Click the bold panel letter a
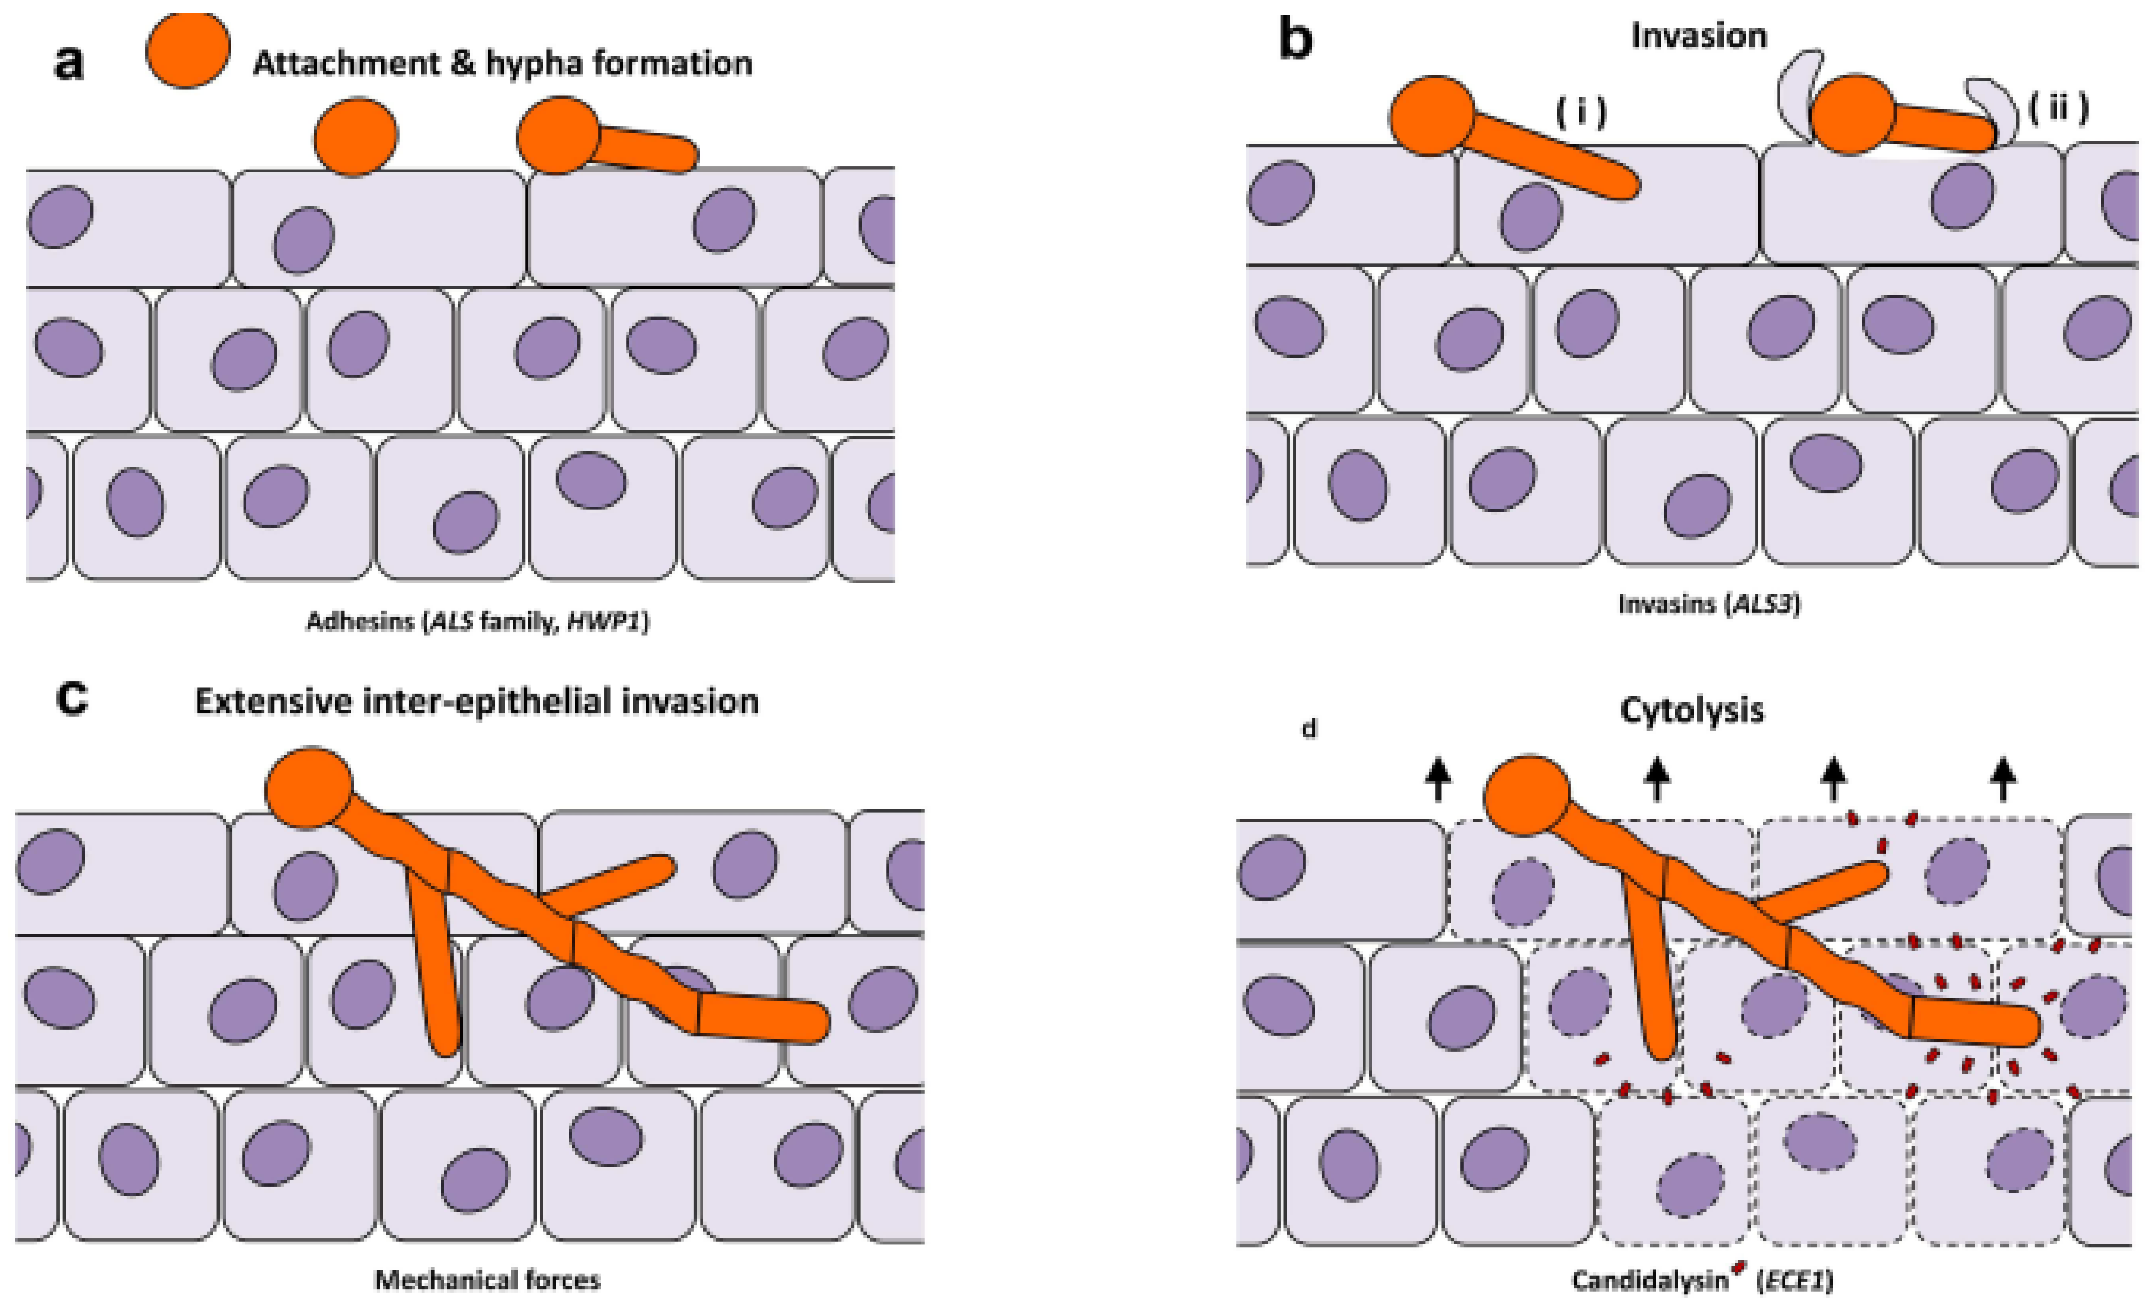[x=70, y=63]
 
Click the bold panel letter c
[x=72, y=699]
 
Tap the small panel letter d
[x=1308, y=728]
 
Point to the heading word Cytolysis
[x=1692, y=710]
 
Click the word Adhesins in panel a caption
[x=359, y=622]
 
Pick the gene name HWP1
[x=606, y=622]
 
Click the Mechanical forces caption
[x=487, y=1280]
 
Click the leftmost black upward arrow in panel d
[x=1438, y=779]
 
